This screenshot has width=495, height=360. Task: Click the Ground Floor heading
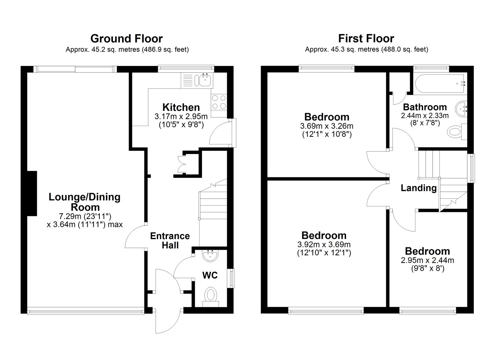point(126,38)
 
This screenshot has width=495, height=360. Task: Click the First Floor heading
point(366,38)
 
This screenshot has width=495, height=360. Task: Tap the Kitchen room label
point(181,107)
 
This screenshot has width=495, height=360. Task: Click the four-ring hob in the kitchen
point(219,102)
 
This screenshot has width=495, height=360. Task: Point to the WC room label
point(210,275)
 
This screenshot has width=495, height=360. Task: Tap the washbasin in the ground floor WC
point(210,256)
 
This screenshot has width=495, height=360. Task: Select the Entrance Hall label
point(170,240)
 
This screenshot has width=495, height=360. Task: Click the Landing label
point(418,188)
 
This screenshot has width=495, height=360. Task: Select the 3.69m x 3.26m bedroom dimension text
point(327,126)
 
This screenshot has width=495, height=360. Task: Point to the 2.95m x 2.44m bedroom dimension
point(428,260)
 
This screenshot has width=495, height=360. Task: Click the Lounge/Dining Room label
point(85,202)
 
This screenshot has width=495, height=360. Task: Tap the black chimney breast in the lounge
point(32,193)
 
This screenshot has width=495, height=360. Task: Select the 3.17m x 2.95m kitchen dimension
point(181,116)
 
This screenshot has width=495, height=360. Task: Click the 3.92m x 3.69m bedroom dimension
point(324,245)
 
